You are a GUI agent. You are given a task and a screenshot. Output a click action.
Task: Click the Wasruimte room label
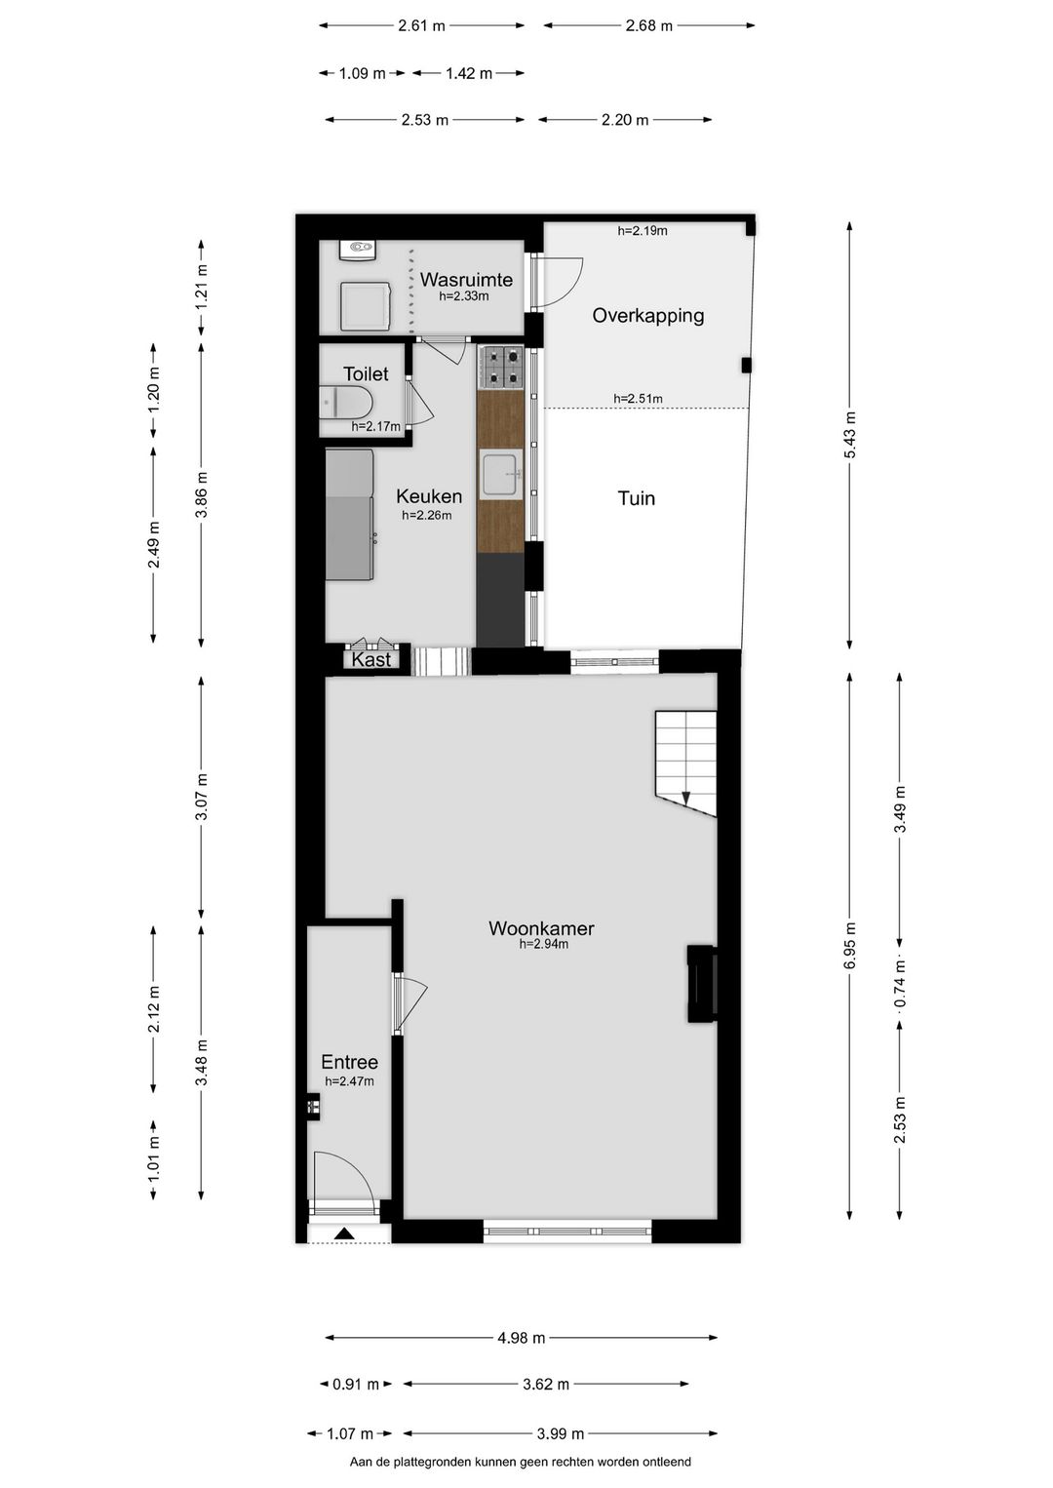coord(466,279)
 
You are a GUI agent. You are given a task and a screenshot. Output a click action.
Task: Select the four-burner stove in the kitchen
coord(501,368)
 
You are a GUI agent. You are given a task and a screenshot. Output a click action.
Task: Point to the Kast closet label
coord(370,659)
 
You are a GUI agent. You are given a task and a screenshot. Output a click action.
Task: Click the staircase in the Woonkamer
coord(685,764)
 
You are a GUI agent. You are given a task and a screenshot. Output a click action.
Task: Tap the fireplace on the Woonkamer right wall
coord(702,983)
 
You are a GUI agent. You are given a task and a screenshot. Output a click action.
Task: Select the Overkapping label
coord(647,315)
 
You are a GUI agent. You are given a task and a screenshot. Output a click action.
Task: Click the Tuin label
coord(637,498)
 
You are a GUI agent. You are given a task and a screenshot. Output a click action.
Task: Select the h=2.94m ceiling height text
coord(543,944)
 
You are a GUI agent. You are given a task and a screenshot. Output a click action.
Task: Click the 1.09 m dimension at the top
coord(362,73)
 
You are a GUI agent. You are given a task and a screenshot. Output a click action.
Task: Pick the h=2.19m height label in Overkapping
coord(643,231)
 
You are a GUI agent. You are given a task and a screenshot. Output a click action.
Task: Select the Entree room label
coord(349,1062)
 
